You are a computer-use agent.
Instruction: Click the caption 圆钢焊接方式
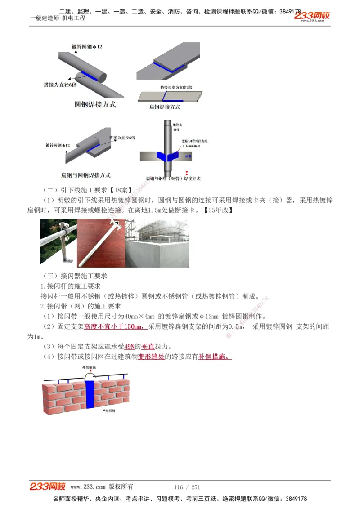click(x=94, y=104)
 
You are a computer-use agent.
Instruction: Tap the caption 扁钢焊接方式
click(x=164, y=107)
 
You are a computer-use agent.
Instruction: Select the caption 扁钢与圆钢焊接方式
click(x=85, y=175)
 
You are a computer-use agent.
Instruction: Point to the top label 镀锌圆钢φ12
click(x=87, y=46)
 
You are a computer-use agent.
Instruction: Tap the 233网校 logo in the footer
click(x=48, y=487)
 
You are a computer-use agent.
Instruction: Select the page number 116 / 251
click(x=187, y=487)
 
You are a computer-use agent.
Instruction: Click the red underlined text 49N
click(x=130, y=347)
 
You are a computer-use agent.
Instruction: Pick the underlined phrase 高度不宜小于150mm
click(x=116, y=326)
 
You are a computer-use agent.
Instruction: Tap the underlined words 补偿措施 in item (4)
click(x=215, y=357)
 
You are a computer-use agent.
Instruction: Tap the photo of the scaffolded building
click(x=156, y=243)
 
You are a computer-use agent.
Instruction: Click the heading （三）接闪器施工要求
click(x=74, y=276)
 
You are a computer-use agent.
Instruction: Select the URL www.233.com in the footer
click(x=88, y=487)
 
